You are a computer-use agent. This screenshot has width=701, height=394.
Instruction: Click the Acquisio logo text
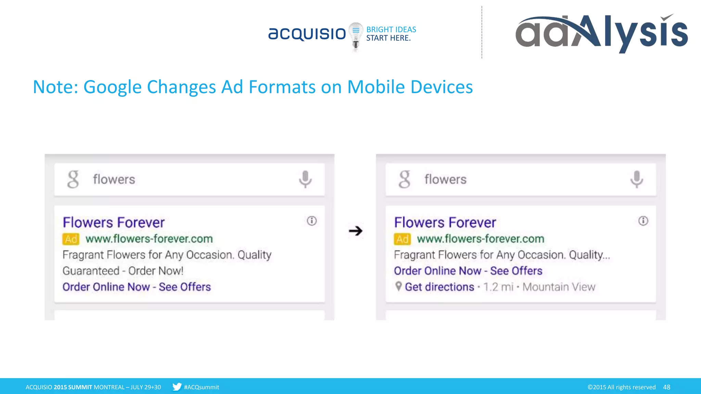(307, 34)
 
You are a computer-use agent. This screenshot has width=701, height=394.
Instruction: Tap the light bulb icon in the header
(356, 36)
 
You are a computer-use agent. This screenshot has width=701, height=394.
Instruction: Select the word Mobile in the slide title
(376, 87)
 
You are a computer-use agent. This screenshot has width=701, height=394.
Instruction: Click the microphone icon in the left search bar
(305, 179)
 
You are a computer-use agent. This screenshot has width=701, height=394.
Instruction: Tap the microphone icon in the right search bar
(637, 179)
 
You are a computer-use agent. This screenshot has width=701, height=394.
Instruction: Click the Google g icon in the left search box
(73, 179)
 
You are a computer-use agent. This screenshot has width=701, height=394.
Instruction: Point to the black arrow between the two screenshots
(356, 231)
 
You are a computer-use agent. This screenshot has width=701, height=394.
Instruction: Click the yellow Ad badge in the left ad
(71, 239)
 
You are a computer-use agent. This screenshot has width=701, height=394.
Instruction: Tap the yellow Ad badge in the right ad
(402, 239)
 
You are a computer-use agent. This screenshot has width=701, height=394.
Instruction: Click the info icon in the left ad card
(311, 221)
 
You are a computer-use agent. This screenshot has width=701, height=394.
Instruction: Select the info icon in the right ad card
(643, 221)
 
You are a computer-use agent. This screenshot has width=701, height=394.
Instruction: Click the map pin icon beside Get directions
(398, 286)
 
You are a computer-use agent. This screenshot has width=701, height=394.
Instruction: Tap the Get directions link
(439, 287)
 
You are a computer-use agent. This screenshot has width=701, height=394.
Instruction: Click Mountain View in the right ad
(559, 287)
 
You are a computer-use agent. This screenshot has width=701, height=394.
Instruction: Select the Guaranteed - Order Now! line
(123, 271)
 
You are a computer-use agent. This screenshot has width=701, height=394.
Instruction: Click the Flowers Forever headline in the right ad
(445, 223)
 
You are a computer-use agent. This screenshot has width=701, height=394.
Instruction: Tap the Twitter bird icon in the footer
(177, 387)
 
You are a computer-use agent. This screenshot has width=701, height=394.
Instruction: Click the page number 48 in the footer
(666, 387)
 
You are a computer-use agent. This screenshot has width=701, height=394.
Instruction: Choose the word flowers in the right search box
(445, 180)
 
